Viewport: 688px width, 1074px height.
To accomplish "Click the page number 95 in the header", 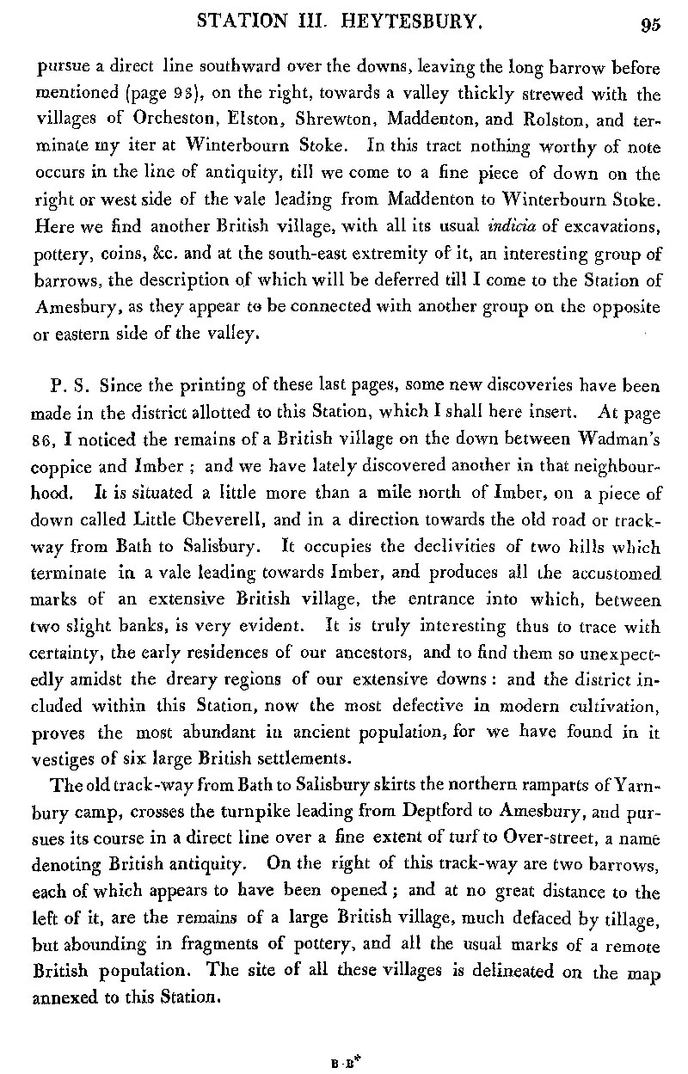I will [648, 25].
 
